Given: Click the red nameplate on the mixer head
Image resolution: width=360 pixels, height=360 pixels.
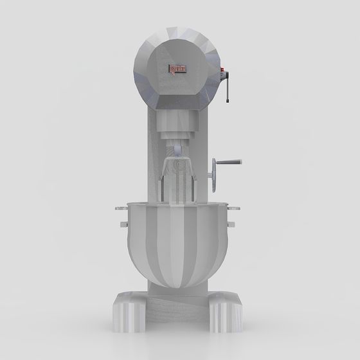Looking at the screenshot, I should (x=177, y=68).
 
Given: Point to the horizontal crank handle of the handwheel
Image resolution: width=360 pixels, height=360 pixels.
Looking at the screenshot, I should (x=231, y=163).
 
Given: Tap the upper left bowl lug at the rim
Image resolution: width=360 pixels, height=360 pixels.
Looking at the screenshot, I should (x=121, y=208).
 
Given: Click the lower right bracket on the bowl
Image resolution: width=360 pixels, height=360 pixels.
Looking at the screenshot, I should (x=231, y=224).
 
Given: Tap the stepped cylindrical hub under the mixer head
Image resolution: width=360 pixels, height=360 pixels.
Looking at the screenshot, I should (x=178, y=132).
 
